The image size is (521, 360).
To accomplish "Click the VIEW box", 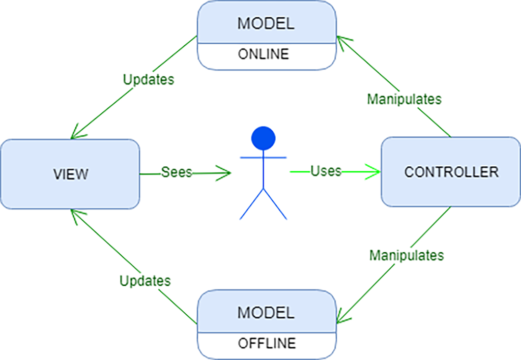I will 70,173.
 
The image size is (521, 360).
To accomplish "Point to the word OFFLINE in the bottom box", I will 267,343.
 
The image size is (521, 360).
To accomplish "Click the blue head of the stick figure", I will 264,137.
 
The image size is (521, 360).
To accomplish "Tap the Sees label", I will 177,172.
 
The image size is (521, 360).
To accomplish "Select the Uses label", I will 326,171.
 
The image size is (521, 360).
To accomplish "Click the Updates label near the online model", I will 149,80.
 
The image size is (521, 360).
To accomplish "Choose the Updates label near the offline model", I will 145,281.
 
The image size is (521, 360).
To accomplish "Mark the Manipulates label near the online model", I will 404,99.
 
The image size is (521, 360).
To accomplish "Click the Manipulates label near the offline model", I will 407,255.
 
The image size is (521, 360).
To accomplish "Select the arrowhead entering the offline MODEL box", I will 341,316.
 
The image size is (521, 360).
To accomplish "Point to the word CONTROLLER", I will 451,172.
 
